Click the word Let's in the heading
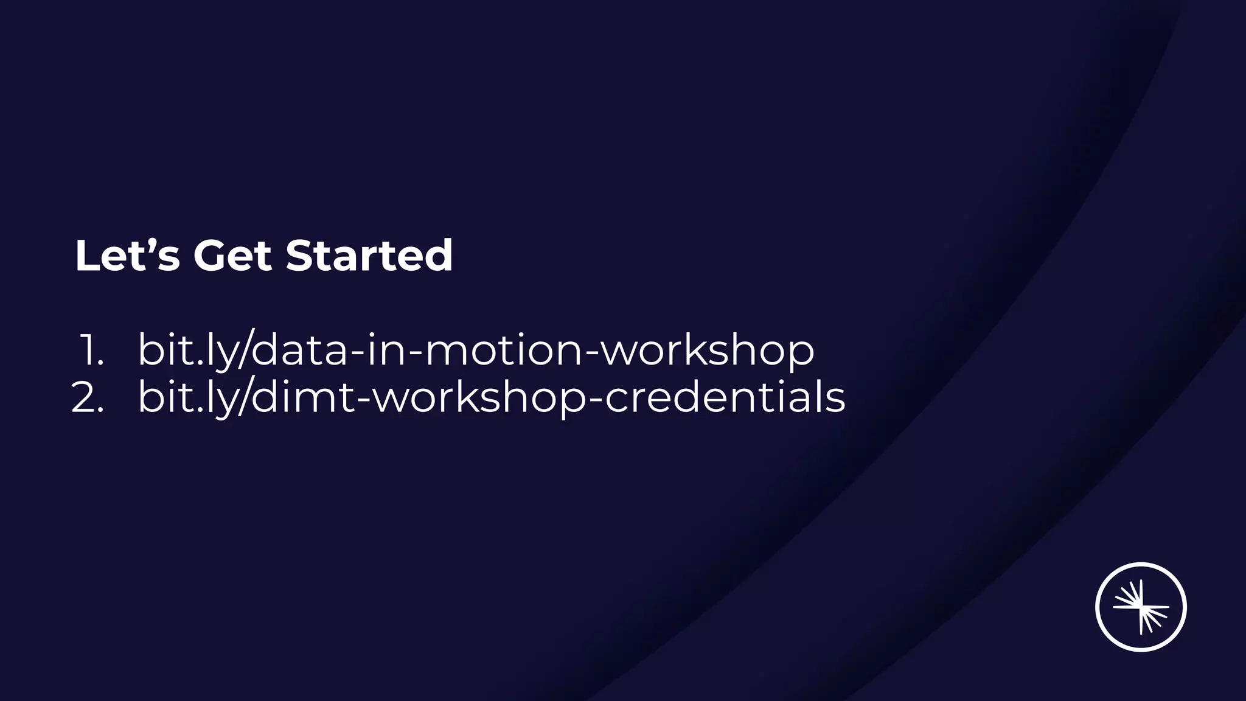pos(127,256)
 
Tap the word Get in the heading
pos(232,256)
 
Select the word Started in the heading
pos(369,256)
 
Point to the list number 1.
pos(91,350)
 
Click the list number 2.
pos(87,398)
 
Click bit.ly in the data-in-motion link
pos(186,350)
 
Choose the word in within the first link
pos(382,350)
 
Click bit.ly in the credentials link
pos(186,398)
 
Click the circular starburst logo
pos(1141,607)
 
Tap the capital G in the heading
pos(209,256)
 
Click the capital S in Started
pos(300,256)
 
